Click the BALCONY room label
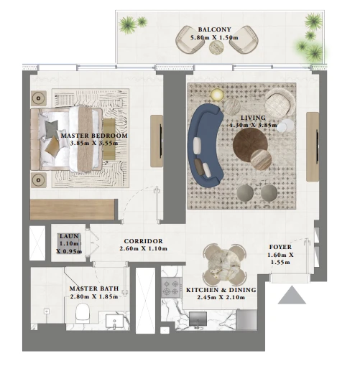coord(214,29)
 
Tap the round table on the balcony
coord(216,47)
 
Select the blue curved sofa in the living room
coord(206,145)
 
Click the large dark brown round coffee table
coord(250,145)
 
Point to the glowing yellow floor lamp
coord(217,95)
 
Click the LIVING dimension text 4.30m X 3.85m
coord(253,125)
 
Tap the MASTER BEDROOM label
coord(94,136)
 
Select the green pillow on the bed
coord(52,129)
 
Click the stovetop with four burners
coord(170,288)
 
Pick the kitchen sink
coord(198,319)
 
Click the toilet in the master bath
coord(83,313)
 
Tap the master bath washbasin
coord(114,321)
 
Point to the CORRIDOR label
coord(143,241)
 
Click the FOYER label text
coord(280,247)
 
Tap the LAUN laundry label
coord(69,236)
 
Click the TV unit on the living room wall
coord(313,146)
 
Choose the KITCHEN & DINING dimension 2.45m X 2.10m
coord(221,297)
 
